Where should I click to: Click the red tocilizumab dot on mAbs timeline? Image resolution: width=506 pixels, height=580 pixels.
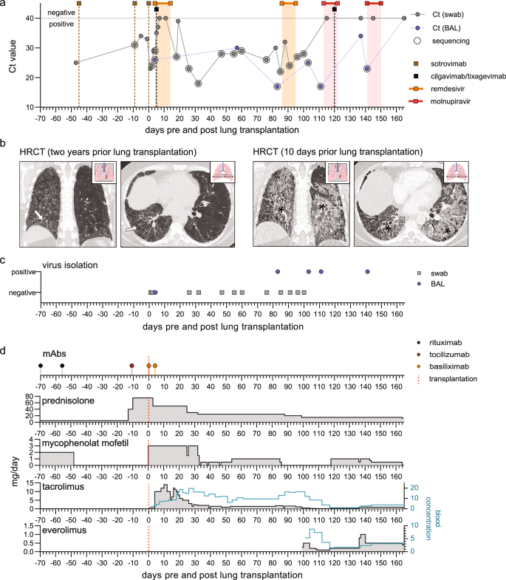click(x=131, y=365)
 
